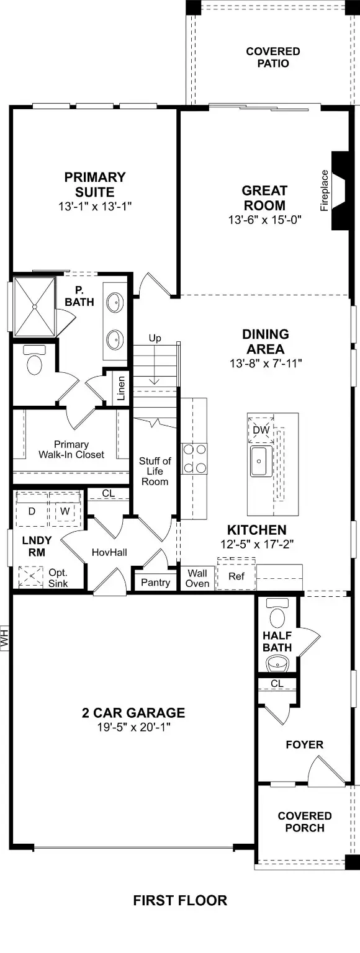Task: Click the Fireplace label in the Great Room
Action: [x=324, y=191]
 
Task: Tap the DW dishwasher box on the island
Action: [x=261, y=429]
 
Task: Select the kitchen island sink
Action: [x=260, y=460]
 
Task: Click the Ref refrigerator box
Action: [x=236, y=576]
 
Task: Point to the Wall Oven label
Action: [x=197, y=578]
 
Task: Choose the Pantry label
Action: [x=155, y=583]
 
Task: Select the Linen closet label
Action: [x=121, y=388]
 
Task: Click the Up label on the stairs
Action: [x=155, y=338]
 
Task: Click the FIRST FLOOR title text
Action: [x=180, y=900]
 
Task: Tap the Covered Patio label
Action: [x=272, y=57]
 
